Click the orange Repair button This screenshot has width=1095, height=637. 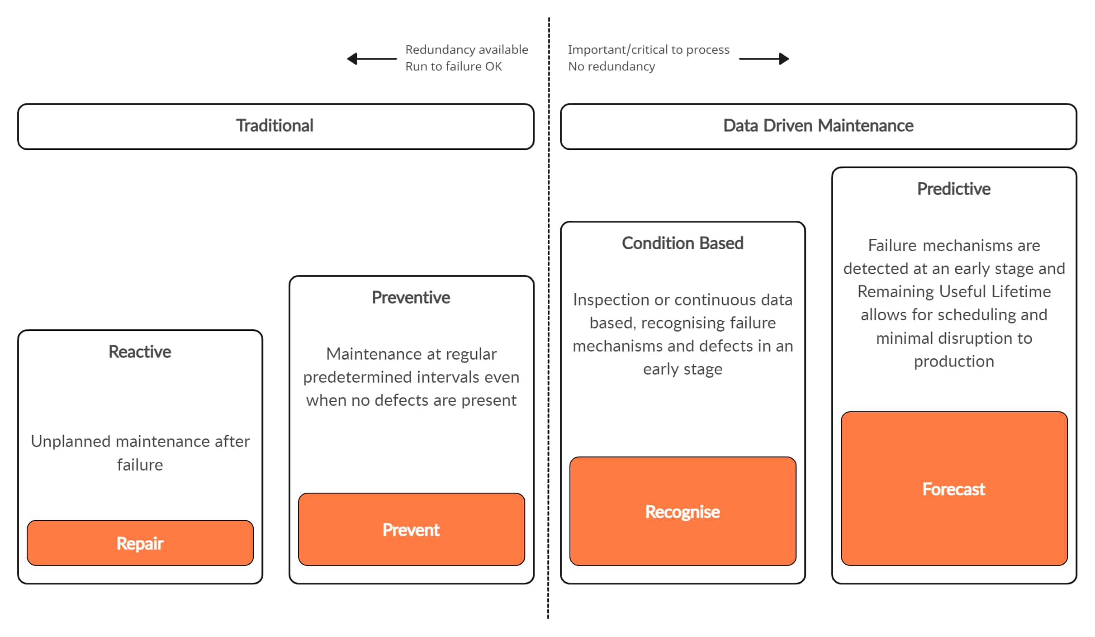pyautogui.click(x=140, y=543)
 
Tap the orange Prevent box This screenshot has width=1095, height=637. pyautogui.click(x=411, y=529)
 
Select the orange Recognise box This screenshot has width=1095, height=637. pyautogui.click(x=683, y=511)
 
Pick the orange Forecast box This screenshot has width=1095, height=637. pyautogui.click(x=954, y=489)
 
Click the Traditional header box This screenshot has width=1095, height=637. pyautogui.click(x=275, y=126)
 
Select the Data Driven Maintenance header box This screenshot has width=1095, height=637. pyautogui.click(x=818, y=126)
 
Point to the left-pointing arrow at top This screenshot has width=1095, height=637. pyautogui.click(x=371, y=59)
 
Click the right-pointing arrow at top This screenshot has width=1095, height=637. pyautogui.click(x=764, y=59)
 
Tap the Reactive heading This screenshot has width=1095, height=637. pyautogui.click(x=140, y=352)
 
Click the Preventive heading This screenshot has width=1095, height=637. pyautogui.click(x=411, y=297)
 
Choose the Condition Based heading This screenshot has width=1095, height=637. pyautogui.click(x=683, y=243)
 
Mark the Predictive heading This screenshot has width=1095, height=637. pyautogui.click(x=953, y=189)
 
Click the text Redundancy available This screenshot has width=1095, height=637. pyautogui.click(x=466, y=49)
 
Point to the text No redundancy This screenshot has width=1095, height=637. pyautogui.click(x=611, y=67)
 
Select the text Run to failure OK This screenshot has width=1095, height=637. pyautogui.click(x=453, y=67)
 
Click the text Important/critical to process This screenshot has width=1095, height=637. pyautogui.click(x=649, y=49)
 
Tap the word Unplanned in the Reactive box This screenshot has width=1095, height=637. pyautogui.click(x=71, y=441)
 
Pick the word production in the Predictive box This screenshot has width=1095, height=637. pyautogui.click(x=954, y=361)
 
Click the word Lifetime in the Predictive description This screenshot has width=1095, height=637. pyautogui.click(x=1021, y=291)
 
